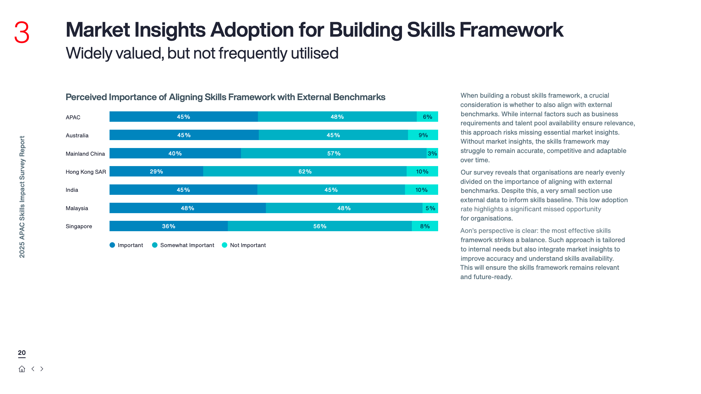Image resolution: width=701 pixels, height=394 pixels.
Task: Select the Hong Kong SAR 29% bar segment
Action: [156, 172]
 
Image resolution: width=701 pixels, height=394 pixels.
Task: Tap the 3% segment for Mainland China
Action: [432, 153]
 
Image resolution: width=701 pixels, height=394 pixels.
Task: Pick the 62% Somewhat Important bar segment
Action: [305, 172]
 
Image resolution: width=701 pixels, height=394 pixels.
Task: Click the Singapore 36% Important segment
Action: [168, 226]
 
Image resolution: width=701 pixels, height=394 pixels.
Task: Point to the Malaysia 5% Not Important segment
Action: [430, 208]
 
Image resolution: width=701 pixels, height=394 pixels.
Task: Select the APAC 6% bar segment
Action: [427, 117]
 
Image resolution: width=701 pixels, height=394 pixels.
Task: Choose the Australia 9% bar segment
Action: [423, 135]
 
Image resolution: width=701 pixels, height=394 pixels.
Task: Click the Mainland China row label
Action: [85, 154]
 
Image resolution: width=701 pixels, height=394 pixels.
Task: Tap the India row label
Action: [72, 190]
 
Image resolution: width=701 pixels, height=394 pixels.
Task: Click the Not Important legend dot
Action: [225, 245]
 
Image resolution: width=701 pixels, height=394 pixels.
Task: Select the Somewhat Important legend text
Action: [187, 245]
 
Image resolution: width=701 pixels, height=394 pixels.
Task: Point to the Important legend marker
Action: [112, 245]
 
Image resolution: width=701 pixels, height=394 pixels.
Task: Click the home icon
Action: [22, 369]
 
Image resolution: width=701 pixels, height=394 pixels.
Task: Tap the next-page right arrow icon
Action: [42, 369]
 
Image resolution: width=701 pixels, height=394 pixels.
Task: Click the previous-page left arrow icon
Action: [33, 369]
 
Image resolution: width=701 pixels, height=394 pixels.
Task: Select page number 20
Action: [22, 353]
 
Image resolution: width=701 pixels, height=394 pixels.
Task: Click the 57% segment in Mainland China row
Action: [334, 153]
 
